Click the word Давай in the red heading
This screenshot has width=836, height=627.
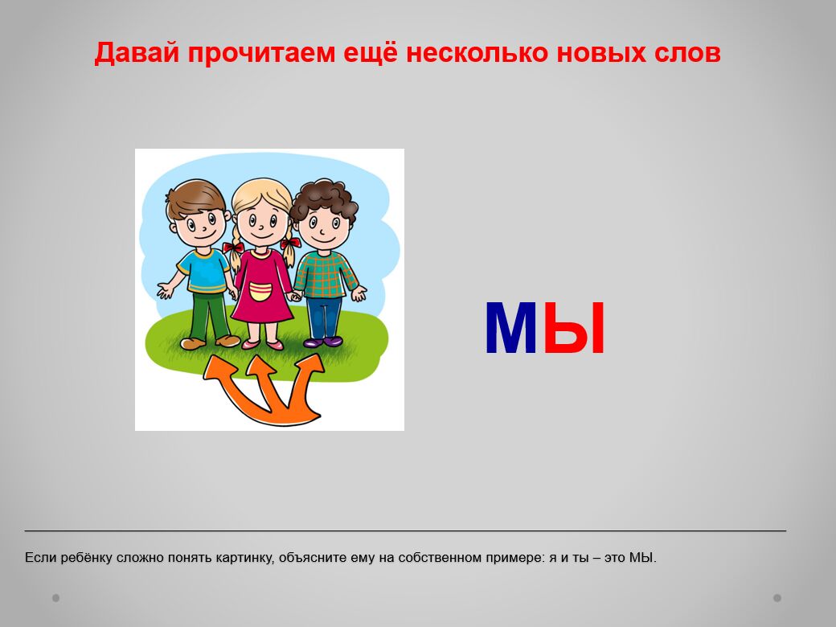[137, 53]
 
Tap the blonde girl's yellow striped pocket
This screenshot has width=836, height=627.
[260, 292]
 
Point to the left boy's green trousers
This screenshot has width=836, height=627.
[208, 316]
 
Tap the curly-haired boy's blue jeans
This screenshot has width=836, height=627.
[324, 318]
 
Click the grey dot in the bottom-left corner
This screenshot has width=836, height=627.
[56, 598]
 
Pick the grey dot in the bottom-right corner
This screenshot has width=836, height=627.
[777, 598]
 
